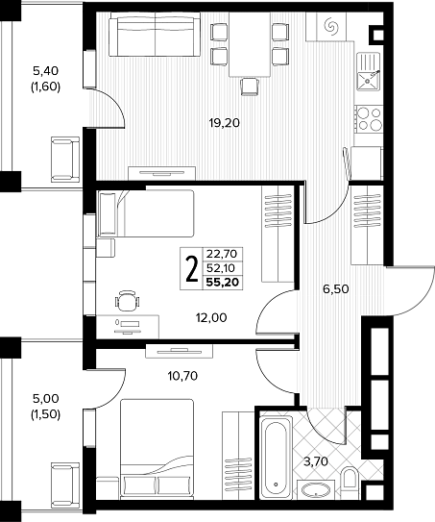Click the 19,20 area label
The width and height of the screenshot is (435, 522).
pyautogui.click(x=224, y=123)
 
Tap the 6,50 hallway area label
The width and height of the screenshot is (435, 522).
pyautogui.click(x=336, y=289)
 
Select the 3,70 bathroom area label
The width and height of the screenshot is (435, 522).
pyautogui.click(x=316, y=461)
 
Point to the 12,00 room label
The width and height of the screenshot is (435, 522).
pyautogui.click(x=211, y=318)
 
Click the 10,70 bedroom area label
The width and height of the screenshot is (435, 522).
pyautogui.click(x=182, y=376)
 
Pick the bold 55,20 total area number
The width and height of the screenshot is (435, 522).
pyautogui.click(x=223, y=283)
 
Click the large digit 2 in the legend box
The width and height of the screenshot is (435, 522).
pyautogui.click(x=191, y=269)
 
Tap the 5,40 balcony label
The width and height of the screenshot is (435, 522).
pyautogui.click(x=45, y=70)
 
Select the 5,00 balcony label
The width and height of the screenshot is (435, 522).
pyautogui.click(x=45, y=398)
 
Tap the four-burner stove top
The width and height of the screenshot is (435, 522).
pyautogui.click(x=369, y=118)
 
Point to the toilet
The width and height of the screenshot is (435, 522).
pyautogui.click(x=349, y=477)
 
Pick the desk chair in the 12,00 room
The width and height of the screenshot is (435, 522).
pyautogui.click(x=128, y=300)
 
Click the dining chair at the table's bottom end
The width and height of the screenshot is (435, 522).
pyautogui.click(x=249, y=87)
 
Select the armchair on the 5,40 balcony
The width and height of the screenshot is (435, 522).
pyautogui.click(x=65, y=160)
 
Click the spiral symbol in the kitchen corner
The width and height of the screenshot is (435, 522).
pyautogui.click(x=331, y=25)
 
